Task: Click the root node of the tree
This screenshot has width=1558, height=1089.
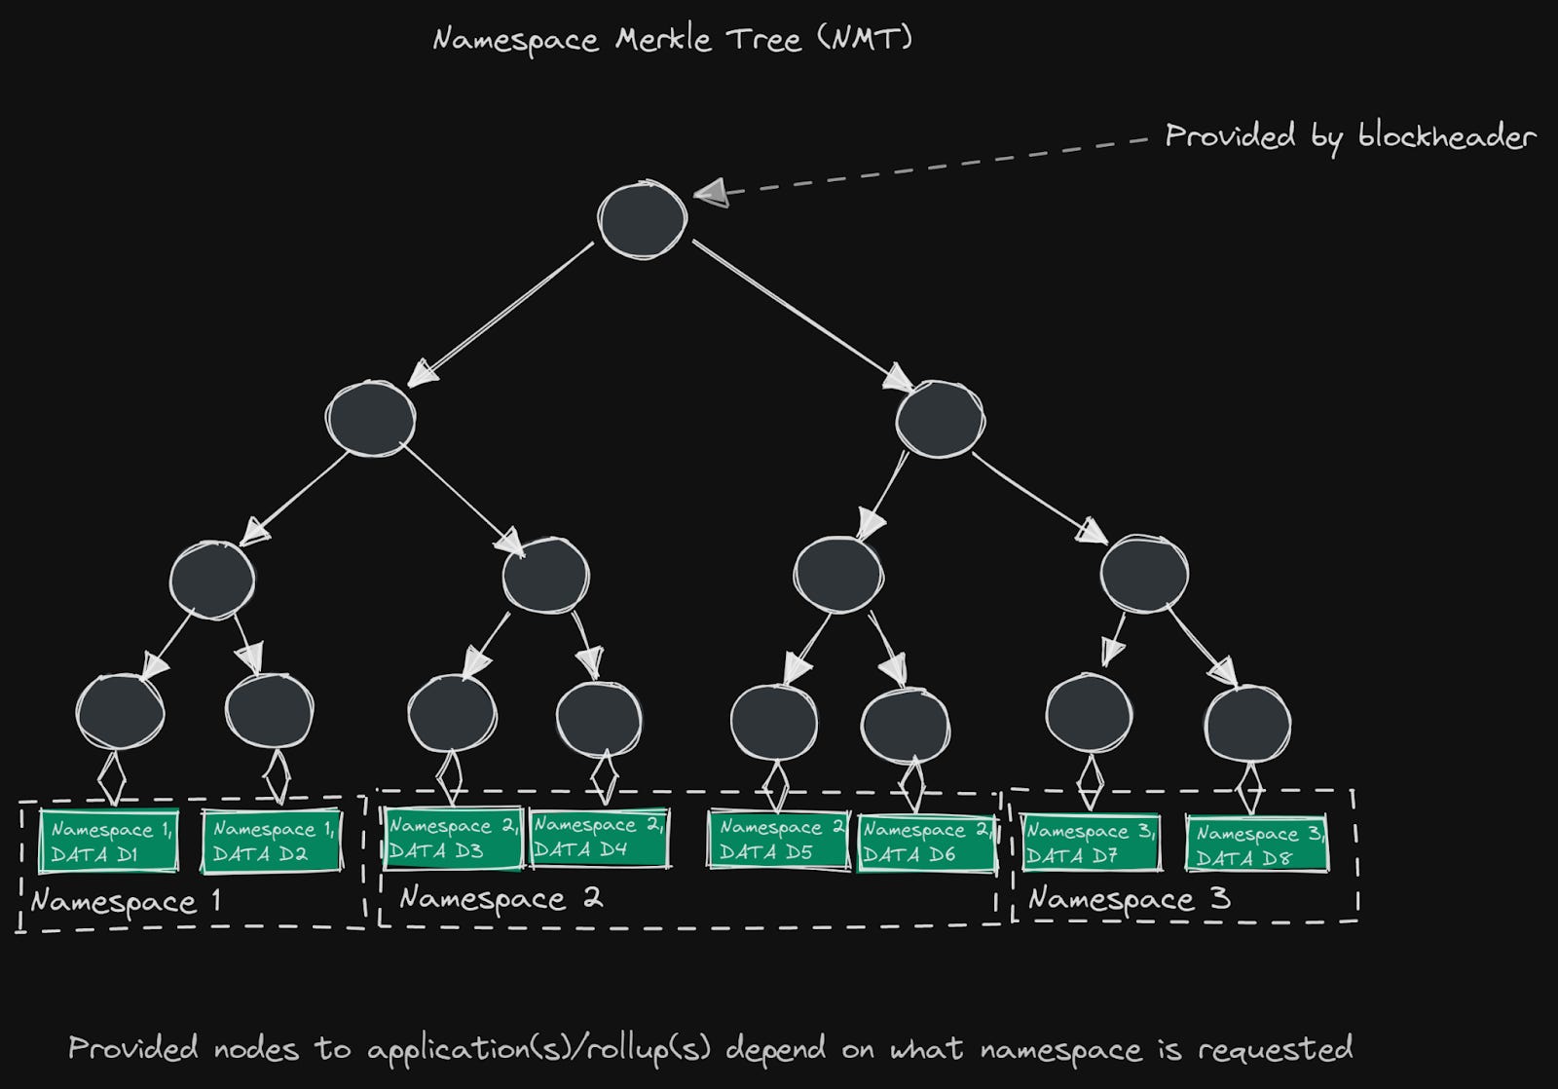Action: click(x=642, y=219)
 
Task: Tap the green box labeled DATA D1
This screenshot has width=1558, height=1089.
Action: click(x=109, y=842)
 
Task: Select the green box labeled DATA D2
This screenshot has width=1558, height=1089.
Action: click(x=272, y=842)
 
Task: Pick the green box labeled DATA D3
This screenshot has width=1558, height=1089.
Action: click(x=453, y=838)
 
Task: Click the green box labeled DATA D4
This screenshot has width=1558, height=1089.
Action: click(x=599, y=838)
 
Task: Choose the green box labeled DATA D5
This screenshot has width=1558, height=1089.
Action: click(x=778, y=840)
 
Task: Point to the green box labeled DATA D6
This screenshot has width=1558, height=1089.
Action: click(x=926, y=843)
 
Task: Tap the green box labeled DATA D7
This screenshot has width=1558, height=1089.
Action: click(x=1090, y=844)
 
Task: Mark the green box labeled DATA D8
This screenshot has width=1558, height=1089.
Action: click(x=1257, y=845)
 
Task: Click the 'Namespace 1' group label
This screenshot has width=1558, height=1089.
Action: click(x=126, y=902)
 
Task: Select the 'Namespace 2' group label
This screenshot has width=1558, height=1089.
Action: click(x=501, y=898)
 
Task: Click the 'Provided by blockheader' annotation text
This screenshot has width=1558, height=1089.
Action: click(x=1350, y=137)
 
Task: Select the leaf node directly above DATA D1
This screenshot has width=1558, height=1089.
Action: click(x=120, y=712)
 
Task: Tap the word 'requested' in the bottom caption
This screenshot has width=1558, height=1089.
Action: click(x=1275, y=1049)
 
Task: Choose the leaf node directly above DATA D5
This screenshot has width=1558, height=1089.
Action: click(x=774, y=722)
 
